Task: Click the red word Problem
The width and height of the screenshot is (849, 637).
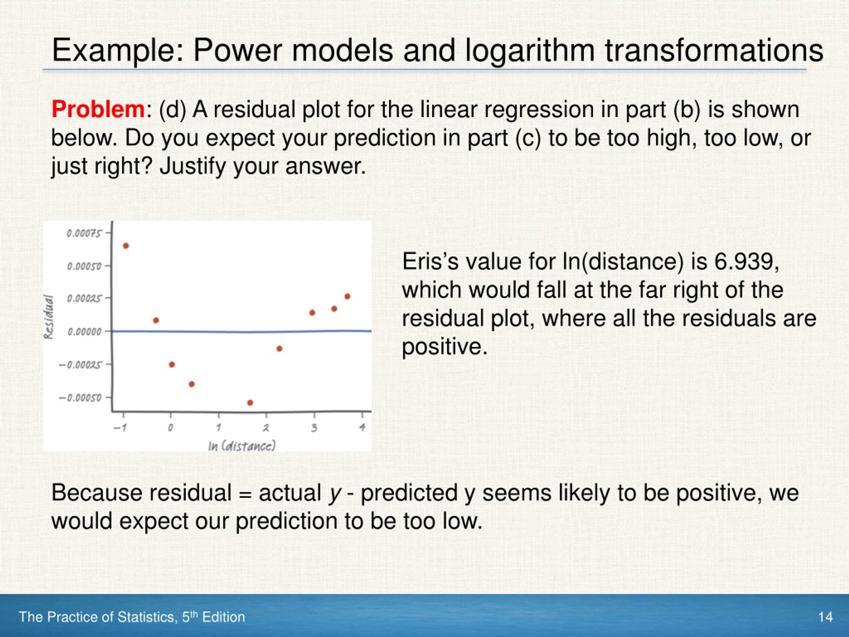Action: (98, 109)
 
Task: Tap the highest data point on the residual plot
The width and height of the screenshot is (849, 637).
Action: (126, 246)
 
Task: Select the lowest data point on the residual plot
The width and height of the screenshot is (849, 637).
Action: (250, 403)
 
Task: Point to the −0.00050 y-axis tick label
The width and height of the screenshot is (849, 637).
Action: (80, 398)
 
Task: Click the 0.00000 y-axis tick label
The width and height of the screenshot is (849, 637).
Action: (85, 331)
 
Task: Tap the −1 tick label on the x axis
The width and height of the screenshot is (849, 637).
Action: (120, 427)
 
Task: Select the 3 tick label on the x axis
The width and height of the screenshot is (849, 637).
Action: (314, 427)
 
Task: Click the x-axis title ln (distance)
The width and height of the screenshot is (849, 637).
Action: (242, 446)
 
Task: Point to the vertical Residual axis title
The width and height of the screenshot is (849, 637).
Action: (49, 317)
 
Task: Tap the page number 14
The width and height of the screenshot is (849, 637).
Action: (825, 617)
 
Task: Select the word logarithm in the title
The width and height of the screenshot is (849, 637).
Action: (530, 51)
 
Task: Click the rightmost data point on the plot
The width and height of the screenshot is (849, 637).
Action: (347, 296)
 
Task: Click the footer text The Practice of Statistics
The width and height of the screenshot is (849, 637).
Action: (98, 617)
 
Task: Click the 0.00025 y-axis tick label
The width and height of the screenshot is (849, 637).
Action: (85, 299)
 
